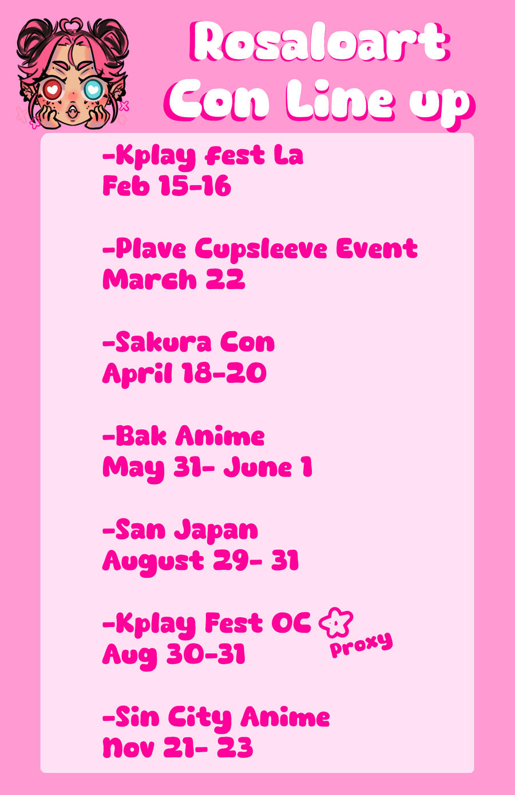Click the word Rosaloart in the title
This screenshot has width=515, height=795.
pos(319,42)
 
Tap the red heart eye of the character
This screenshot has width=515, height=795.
pos(53,89)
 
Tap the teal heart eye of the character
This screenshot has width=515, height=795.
pos(93,89)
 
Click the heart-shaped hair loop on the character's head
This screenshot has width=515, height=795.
pos(71,25)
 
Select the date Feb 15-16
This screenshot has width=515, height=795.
pos(167,186)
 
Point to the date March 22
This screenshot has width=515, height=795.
pos(174,279)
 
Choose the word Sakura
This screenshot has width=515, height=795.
pos(164,342)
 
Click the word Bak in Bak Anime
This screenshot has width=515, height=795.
pos(141,436)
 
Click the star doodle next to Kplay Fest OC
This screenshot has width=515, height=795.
pos(336,622)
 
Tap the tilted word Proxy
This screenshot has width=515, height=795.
pos(362,645)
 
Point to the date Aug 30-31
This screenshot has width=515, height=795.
pos(174,655)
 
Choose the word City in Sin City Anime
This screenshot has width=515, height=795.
pos(200,718)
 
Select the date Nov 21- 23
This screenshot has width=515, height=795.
pos(178,748)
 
